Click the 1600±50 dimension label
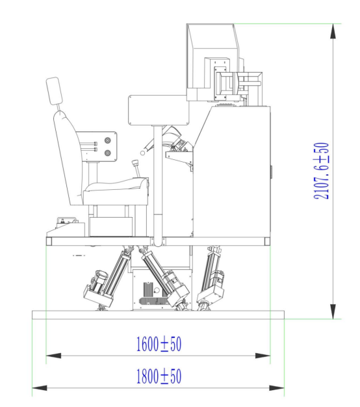[159, 344]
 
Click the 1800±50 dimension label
[159, 376]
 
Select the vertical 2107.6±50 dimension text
[321, 171]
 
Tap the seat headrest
[54, 91]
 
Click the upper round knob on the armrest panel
[107, 140]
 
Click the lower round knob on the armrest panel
[107, 153]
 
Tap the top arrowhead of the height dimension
[333, 31]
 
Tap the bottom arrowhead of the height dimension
[333, 311]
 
